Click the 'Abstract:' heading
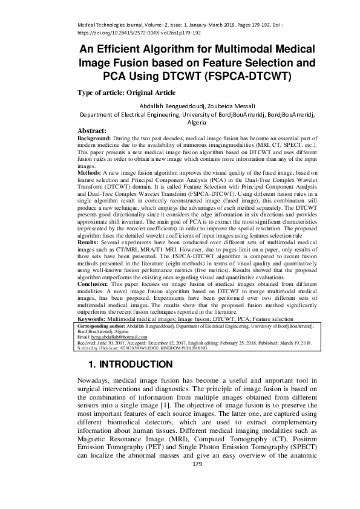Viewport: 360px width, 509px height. coord(92,131)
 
